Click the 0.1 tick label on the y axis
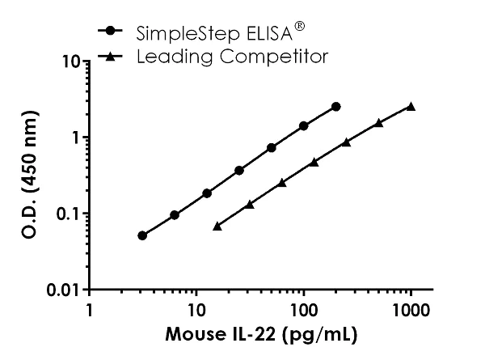tap(66, 214)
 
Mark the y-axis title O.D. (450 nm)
tap(27, 175)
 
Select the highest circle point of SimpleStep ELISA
tap(336, 106)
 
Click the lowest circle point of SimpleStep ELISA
tap(142, 235)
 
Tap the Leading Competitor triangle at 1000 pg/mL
tap(411, 106)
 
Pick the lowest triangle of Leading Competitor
tap(217, 227)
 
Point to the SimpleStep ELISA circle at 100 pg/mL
tap(304, 125)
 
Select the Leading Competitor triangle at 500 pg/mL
tap(378, 122)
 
